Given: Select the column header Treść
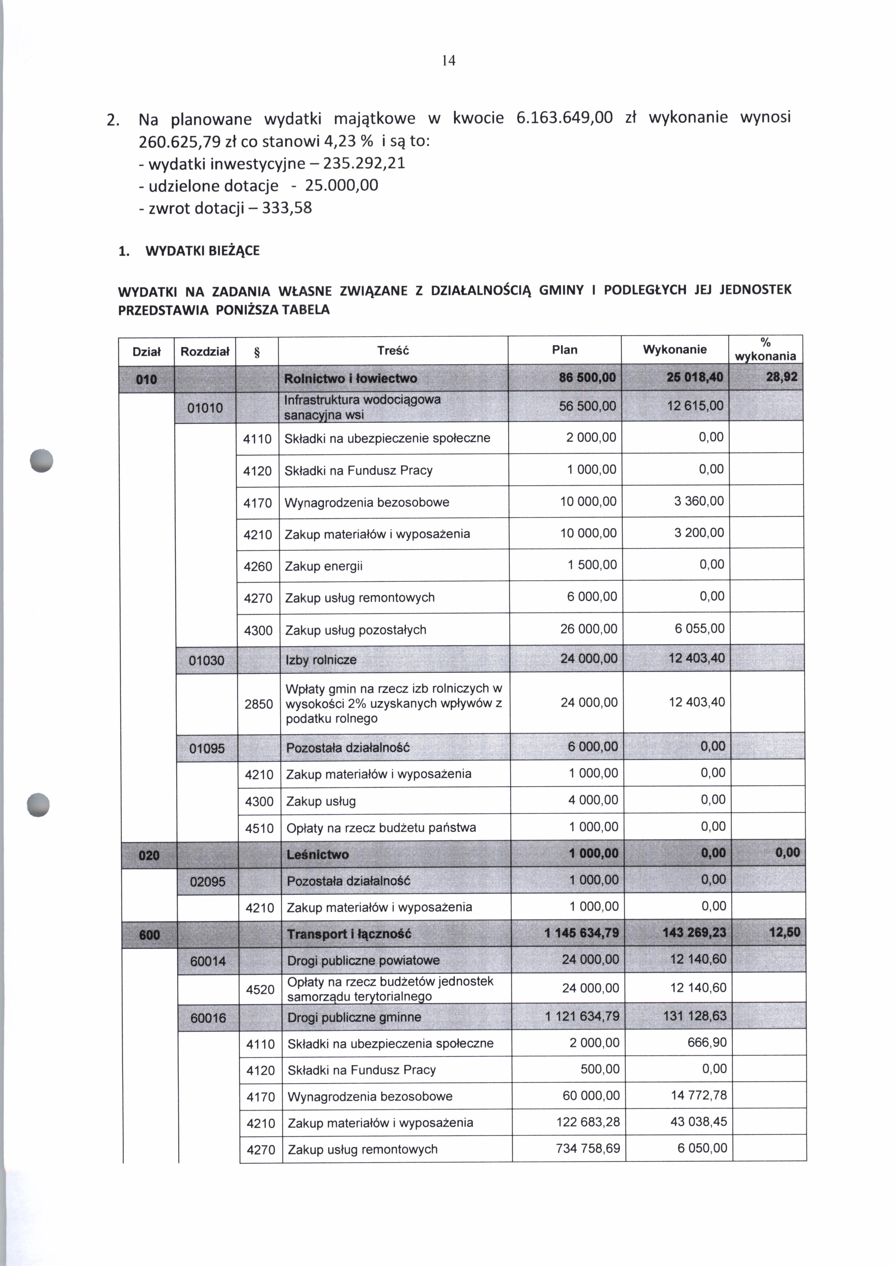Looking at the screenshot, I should (393, 351).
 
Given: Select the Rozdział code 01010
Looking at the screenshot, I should (205, 408).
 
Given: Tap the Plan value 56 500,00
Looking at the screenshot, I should (588, 406).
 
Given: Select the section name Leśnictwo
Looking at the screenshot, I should (318, 855).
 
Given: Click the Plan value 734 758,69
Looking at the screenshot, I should (588, 1149).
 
